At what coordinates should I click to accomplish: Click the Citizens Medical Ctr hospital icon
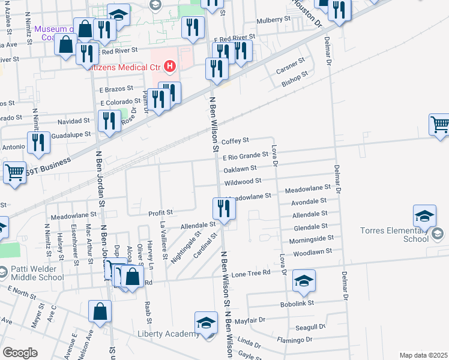tap(170, 65)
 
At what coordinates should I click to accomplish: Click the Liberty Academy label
tap(168, 334)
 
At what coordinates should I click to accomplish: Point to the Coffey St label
tap(235, 141)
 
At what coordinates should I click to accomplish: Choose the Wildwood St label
tap(243, 181)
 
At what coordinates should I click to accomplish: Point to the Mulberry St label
tap(273, 20)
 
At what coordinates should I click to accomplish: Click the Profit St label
tap(161, 212)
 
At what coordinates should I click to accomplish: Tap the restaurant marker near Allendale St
tap(224, 209)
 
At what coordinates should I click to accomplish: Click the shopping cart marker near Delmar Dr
tap(440, 124)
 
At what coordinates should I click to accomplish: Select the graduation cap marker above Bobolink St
tap(304, 280)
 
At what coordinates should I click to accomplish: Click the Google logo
tap(20, 353)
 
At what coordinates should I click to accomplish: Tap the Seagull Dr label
tap(310, 328)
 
